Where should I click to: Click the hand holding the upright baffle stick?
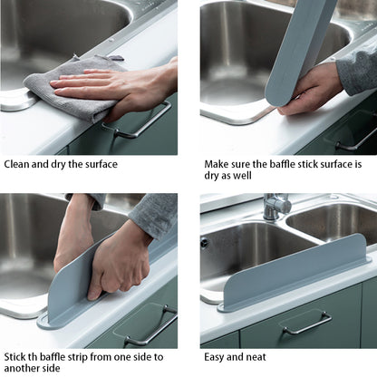click(313, 91)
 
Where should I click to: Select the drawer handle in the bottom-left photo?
click(150, 326)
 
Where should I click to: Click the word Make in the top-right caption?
click(218, 164)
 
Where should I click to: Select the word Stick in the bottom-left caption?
click(17, 357)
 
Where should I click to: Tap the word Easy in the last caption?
click(217, 357)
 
